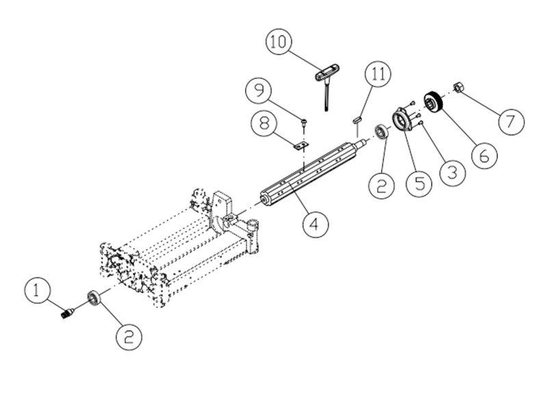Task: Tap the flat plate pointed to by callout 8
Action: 299,144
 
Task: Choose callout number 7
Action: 511,121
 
